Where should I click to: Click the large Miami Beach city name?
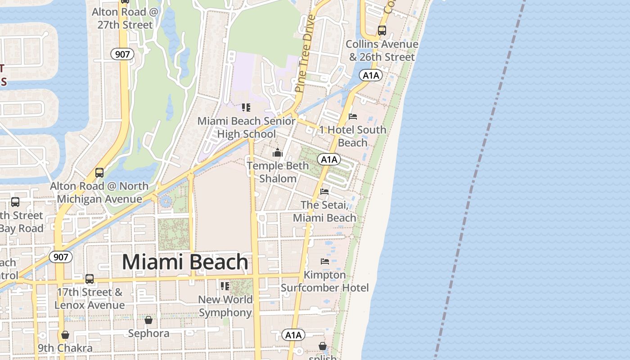pos(185,262)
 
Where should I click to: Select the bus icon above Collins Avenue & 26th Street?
pos(382,31)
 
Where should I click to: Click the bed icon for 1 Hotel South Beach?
pos(353,117)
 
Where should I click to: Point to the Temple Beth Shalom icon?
pos(278,153)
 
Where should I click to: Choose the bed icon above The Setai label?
pos(324,192)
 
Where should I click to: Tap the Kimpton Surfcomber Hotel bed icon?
pos(325,261)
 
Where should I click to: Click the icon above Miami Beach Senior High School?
pos(246,108)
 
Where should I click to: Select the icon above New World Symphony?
pos(225,286)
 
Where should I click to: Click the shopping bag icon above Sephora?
pos(148,320)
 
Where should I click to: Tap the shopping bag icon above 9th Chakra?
pos(65,335)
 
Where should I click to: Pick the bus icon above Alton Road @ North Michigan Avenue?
pos(99,173)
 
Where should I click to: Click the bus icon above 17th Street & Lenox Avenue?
pos(90,279)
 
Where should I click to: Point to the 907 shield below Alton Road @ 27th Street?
pos(122,54)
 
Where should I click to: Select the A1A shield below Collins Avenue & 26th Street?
pos(371,75)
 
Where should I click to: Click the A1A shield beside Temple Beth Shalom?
pos(329,159)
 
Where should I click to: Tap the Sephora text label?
pos(148,333)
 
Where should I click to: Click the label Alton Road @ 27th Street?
pos(125,18)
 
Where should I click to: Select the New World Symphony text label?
pos(225,306)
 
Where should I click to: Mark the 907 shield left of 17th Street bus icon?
pos(60,257)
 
